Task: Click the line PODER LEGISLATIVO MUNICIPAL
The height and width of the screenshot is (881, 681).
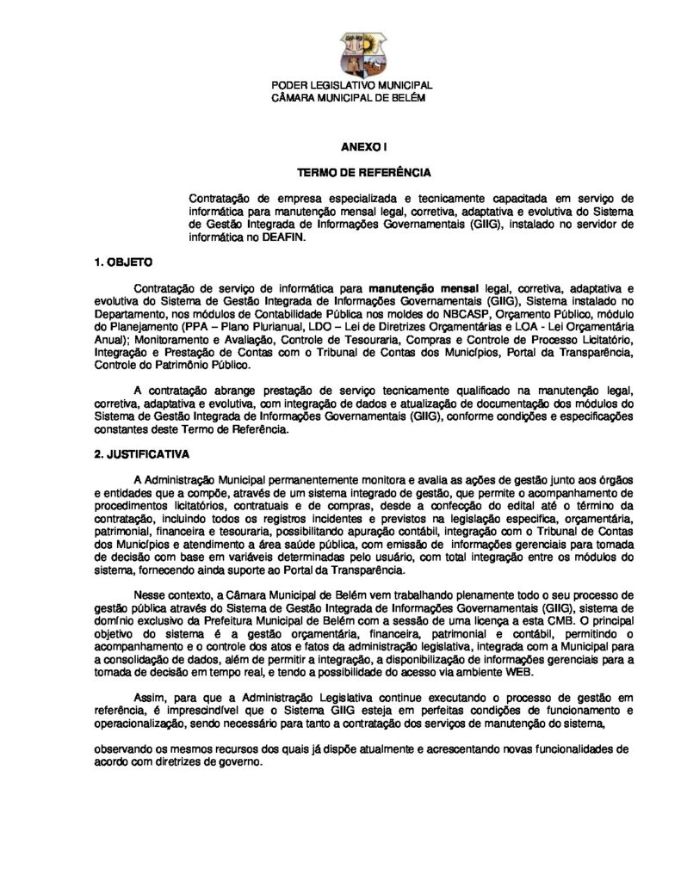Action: click(x=352, y=86)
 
